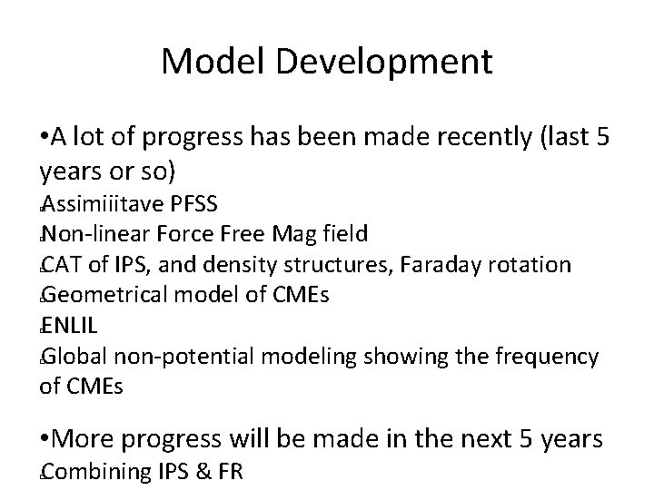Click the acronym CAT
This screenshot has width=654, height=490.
tap(60, 264)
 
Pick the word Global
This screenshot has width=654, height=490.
tap(71, 356)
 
